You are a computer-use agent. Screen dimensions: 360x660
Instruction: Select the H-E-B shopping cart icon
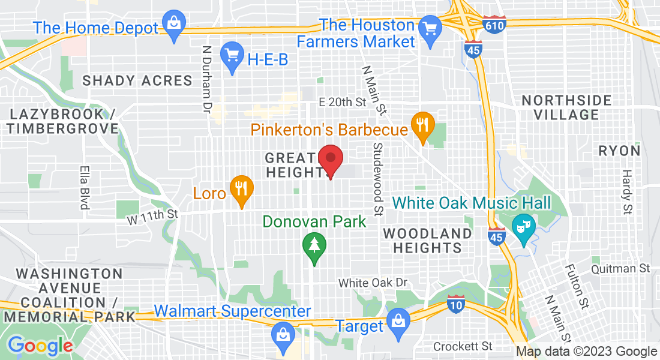coord(232,56)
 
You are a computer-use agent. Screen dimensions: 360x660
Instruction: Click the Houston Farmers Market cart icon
coord(430,27)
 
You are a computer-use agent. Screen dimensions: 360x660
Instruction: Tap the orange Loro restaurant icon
coord(241,190)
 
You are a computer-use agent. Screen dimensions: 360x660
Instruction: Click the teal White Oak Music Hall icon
coord(523,227)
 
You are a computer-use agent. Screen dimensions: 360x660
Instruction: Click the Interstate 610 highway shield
coord(494,25)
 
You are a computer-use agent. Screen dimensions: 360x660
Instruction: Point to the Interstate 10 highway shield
coord(456,304)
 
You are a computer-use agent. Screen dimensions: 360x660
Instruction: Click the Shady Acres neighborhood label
coord(137,80)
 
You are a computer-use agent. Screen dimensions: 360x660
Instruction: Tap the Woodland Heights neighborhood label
coord(428,240)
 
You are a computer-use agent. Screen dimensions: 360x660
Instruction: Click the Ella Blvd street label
coord(85,187)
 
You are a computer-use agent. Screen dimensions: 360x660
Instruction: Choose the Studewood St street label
coord(378,179)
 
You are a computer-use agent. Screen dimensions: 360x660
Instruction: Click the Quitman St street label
coord(620,268)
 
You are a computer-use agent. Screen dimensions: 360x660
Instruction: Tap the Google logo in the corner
coord(40,346)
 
